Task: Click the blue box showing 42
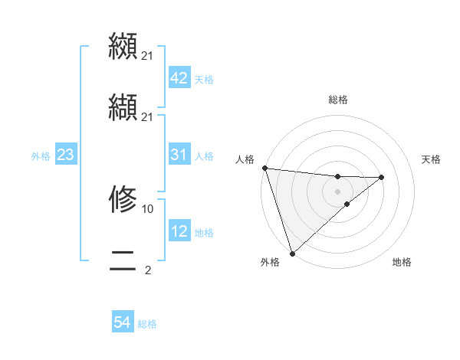tap(179, 79)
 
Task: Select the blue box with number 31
tap(179, 155)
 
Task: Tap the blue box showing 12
tap(179, 232)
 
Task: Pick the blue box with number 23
tap(66, 155)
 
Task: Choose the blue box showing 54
tap(123, 323)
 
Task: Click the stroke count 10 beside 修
tap(148, 208)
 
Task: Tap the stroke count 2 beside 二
tap(147, 270)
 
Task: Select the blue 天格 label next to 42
tap(204, 80)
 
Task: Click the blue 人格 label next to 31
tap(204, 156)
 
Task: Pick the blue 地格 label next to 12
tap(204, 233)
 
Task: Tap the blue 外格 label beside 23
tap(41, 156)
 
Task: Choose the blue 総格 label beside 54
tap(147, 324)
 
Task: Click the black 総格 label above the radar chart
tap(338, 100)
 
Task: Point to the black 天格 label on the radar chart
tap(432, 159)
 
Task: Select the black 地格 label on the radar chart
tap(402, 262)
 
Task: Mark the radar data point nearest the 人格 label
tap(264, 168)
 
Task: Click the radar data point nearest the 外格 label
tap(292, 252)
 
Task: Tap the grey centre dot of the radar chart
tap(338, 191)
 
